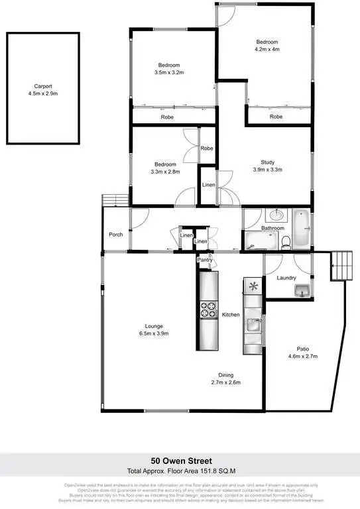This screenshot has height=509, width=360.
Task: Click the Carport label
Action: [x=43, y=85]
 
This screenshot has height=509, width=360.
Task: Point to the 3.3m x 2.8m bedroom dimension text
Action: [x=166, y=172]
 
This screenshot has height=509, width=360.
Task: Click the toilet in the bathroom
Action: [x=284, y=242]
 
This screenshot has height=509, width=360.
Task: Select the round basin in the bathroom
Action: [x=275, y=215]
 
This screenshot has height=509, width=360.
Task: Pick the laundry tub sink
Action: [x=302, y=290]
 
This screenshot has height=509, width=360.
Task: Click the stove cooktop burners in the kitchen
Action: [x=209, y=310]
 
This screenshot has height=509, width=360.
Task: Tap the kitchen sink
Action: [x=253, y=325]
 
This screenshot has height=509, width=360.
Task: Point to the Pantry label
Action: [x=204, y=260]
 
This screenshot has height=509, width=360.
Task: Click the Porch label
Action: [x=116, y=235]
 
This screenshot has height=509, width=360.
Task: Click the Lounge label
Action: [x=154, y=325]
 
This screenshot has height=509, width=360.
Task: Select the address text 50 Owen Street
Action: [x=180, y=461]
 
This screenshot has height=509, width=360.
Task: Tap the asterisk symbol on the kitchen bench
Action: [x=253, y=286]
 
